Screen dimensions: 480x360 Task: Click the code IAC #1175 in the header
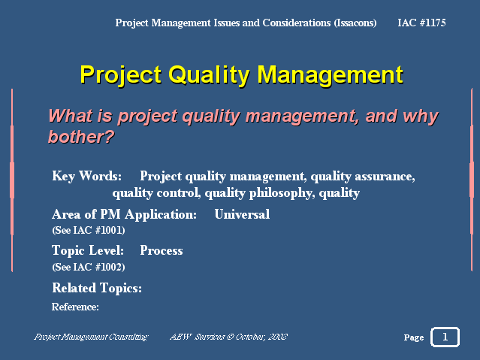[x=421, y=23]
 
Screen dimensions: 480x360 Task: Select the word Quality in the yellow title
[x=209, y=75]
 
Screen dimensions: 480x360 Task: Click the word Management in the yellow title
[x=330, y=74]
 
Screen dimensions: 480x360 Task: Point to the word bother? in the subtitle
[x=81, y=136]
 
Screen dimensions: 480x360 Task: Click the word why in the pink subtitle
[x=421, y=116]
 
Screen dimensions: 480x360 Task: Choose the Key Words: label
[x=86, y=176]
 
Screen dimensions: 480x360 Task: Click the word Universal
[x=242, y=214]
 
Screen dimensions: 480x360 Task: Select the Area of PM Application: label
[x=124, y=215]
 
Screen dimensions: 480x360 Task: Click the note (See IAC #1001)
[x=89, y=230]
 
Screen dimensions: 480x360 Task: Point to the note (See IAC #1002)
[x=89, y=267]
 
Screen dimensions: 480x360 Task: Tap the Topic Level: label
[x=88, y=250]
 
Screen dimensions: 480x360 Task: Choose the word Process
[x=162, y=250]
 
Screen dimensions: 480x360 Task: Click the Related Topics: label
[x=97, y=288]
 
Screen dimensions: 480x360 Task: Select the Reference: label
[x=75, y=307]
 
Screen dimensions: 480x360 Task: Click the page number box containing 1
[x=445, y=337]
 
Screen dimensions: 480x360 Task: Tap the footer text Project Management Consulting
[x=91, y=337]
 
